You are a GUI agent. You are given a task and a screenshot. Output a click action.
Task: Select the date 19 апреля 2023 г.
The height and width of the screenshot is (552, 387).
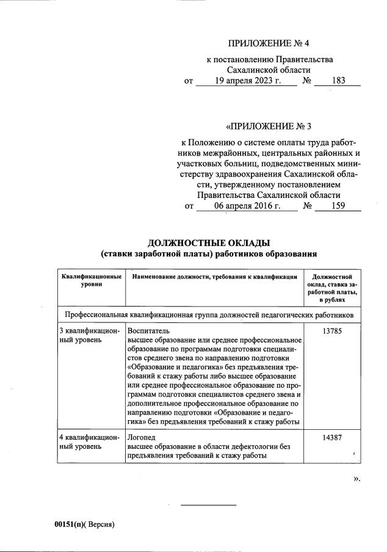click(x=247, y=81)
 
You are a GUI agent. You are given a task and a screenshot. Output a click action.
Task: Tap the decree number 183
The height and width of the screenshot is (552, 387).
click(x=338, y=81)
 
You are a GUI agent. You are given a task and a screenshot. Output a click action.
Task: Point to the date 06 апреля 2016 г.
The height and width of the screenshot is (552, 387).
click(x=247, y=206)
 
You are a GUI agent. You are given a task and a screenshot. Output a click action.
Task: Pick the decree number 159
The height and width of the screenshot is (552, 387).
click(x=338, y=206)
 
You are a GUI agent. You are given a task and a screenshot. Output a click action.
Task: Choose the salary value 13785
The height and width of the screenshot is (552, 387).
click(x=332, y=330)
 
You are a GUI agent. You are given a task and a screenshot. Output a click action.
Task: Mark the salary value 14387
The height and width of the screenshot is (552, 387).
click(x=332, y=438)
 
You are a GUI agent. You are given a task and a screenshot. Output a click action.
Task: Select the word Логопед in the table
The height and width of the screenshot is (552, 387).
click(x=141, y=438)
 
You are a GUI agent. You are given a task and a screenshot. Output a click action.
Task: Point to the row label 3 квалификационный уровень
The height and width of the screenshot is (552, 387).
click(x=89, y=335)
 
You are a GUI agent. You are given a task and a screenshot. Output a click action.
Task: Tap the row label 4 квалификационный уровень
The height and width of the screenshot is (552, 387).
click(x=89, y=442)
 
